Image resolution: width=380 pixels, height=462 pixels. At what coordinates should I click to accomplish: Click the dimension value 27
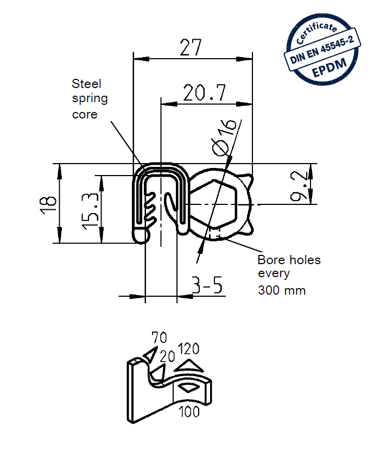(x=191, y=48)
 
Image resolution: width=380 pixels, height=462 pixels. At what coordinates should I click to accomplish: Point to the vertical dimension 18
(x=48, y=203)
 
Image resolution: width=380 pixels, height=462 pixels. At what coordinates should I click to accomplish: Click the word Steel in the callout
(x=87, y=84)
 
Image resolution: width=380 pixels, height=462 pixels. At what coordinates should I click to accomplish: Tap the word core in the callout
(x=85, y=115)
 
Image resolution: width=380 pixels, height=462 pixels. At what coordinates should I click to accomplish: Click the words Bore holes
(x=289, y=260)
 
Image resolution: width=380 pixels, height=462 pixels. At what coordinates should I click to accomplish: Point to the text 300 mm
(x=281, y=290)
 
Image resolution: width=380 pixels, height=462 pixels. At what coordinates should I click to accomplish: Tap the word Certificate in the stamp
(x=318, y=31)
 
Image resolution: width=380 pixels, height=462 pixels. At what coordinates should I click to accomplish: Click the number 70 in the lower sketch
(x=159, y=338)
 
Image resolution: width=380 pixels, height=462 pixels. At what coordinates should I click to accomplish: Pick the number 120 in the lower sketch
(x=189, y=348)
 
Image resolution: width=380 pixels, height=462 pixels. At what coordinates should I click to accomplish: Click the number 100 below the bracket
(x=188, y=411)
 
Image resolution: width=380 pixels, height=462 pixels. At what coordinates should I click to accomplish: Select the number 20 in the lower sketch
(x=167, y=357)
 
